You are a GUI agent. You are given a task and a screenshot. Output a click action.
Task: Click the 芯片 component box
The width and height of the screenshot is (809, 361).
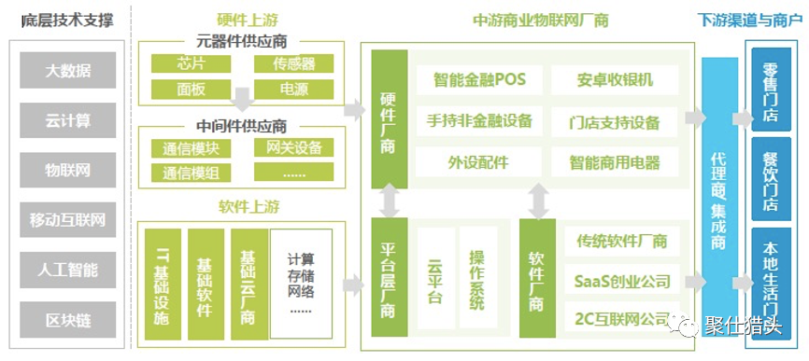click(190, 63)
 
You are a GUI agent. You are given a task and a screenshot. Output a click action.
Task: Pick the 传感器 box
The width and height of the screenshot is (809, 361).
click(294, 63)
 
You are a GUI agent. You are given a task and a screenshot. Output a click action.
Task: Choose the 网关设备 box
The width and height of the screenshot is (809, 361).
click(294, 147)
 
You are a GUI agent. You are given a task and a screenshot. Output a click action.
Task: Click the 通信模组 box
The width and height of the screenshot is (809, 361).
click(190, 173)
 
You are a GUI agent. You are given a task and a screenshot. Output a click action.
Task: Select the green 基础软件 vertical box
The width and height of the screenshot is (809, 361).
click(205, 278)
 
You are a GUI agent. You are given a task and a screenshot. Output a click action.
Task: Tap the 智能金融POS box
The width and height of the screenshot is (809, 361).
click(479, 79)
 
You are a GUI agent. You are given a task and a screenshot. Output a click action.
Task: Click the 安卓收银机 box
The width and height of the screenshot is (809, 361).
click(614, 79)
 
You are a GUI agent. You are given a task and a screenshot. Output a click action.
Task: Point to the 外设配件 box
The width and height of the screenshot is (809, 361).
click(479, 161)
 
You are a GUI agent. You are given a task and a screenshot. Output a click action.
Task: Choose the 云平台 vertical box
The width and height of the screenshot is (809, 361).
click(434, 277)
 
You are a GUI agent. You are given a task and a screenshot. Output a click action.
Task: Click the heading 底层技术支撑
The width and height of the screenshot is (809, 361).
click(67, 19)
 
